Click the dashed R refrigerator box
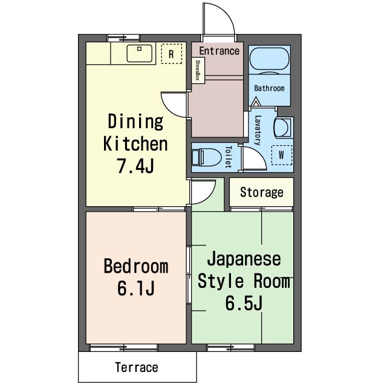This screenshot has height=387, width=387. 172,54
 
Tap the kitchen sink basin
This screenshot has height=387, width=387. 140,53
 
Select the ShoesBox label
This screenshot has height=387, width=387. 198,70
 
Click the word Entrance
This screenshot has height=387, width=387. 219,51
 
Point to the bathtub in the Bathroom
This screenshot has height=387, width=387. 269,59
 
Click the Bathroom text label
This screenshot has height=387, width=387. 269,88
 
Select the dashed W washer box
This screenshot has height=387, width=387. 282,155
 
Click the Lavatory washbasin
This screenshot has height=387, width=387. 283,128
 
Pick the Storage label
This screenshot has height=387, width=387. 262,192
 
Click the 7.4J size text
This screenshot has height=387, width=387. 135,166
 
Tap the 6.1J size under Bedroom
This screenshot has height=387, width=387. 135,288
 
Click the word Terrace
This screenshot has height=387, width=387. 137,367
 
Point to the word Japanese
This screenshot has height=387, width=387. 244,259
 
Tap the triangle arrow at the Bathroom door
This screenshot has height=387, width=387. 256,102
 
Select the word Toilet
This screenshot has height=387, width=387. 229,157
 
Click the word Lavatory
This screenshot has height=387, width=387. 258,130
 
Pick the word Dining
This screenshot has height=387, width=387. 135,121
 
